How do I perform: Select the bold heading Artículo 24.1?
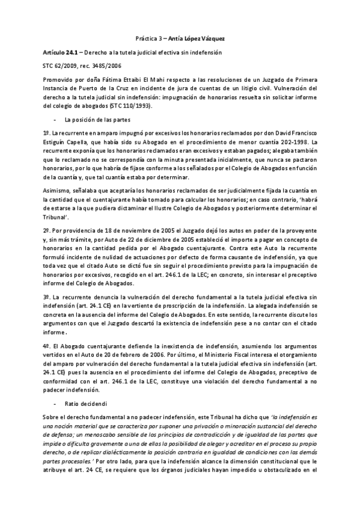pyautogui.click(x=55, y=53)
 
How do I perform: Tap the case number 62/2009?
pyautogui.click(x=63, y=66)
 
